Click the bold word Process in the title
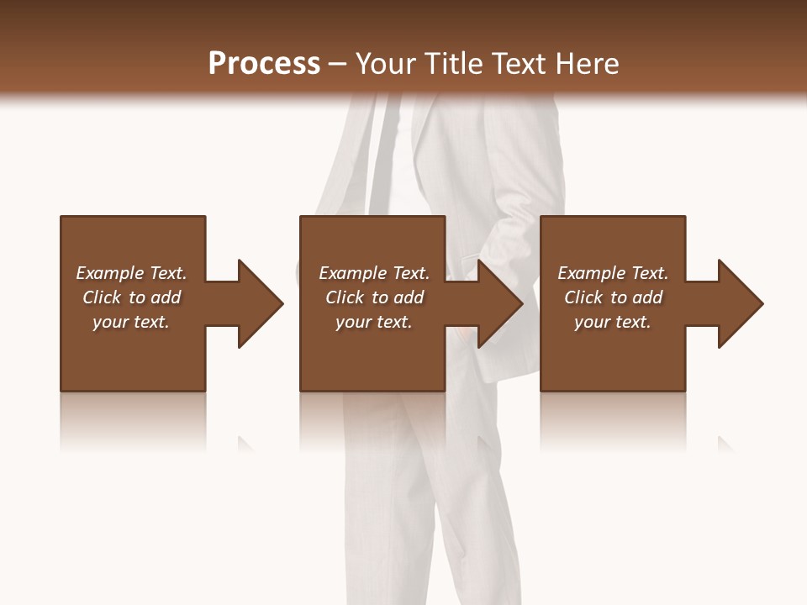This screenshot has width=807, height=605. click(264, 64)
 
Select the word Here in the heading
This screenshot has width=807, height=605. click(588, 64)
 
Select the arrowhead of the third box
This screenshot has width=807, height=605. click(739, 303)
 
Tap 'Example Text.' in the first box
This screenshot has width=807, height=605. click(131, 273)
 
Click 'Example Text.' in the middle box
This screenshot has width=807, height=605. click(374, 273)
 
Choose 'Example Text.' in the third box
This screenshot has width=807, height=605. click(613, 273)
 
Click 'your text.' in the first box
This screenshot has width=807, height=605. click(131, 322)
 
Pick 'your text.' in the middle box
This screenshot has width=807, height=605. click(374, 322)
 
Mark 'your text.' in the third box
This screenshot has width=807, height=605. click(613, 322)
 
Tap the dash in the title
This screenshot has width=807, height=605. click(338, 65)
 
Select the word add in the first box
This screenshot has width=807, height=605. click(166, 297)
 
